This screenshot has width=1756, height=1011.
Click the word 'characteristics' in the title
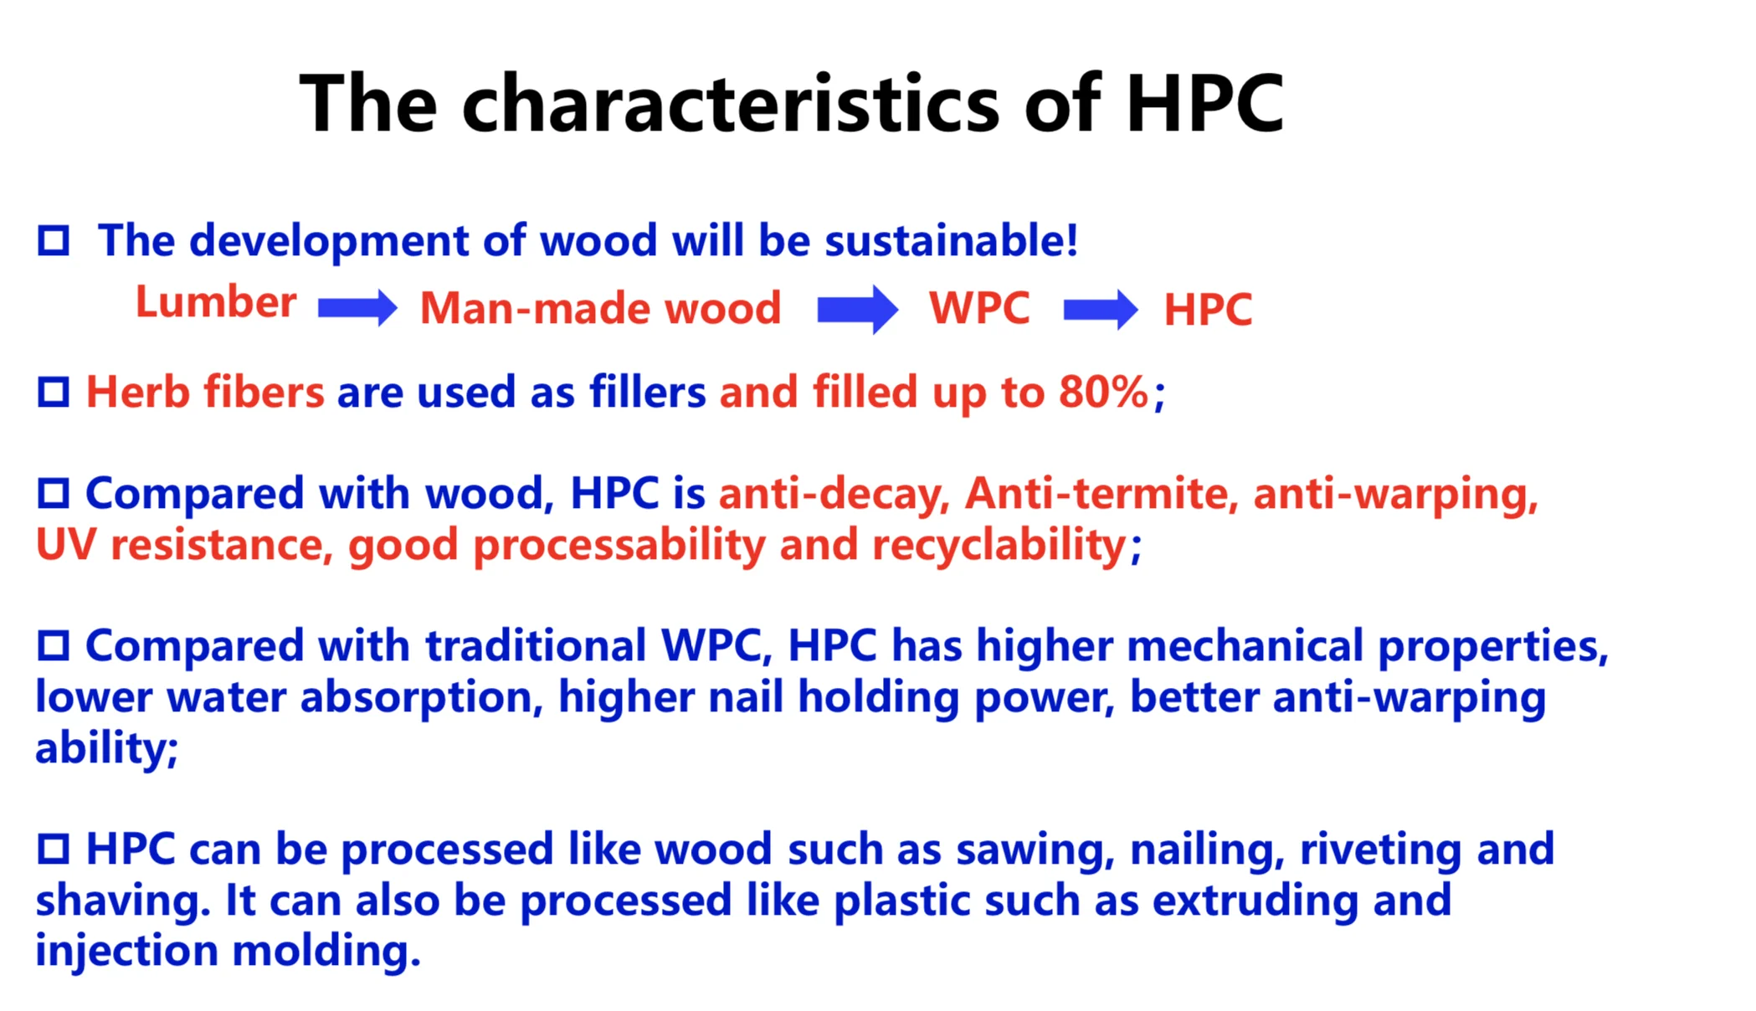(x=731, y=104)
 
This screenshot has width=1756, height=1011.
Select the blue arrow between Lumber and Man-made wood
(x=357, y=308)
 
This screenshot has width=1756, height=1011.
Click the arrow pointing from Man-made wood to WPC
(x=858, y=309)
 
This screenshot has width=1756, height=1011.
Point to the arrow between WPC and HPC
(x=1101, y=309)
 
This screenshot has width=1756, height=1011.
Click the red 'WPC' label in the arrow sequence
(x=979, y=308)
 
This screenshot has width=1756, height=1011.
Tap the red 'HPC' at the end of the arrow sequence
(x=1208, y=310)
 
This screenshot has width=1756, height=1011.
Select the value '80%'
(x=1103, y=392)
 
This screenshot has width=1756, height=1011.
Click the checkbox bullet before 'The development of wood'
(x=54, y=241)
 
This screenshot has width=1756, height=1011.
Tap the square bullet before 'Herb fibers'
(x=54, y=392)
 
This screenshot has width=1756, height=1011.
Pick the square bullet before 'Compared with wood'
(x=54, y=493)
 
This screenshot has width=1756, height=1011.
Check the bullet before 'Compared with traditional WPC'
(x=54, y=645)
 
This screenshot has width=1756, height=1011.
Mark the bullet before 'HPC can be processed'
(x=54, y=849)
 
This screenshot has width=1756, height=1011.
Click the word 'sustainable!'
(x=952, y=240)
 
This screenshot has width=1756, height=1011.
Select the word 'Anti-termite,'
(x=1102, y=494)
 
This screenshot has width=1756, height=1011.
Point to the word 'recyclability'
(x=999, y=546)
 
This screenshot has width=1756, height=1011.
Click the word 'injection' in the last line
(x=126, y=952)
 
